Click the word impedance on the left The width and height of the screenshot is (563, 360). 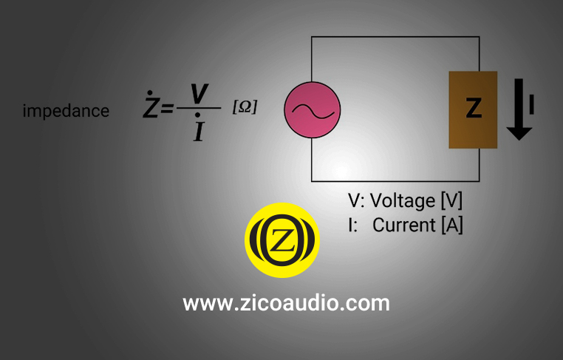[x=66, y=111]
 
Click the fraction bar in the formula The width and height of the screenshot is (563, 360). [x=199, y=109]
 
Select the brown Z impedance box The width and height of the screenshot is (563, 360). [x=473, y=109]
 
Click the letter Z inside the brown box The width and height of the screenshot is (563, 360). [x=474, y=109]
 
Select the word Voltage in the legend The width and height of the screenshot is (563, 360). [x=403, y=201]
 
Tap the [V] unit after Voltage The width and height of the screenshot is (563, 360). [x=451, y=201]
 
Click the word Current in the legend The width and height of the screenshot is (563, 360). [x=404, y=225]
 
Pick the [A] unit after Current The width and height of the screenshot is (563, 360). [x=451, y=225]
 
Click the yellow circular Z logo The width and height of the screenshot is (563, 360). [x=281, y=240]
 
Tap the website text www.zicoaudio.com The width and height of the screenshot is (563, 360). [x=286, y=303]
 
